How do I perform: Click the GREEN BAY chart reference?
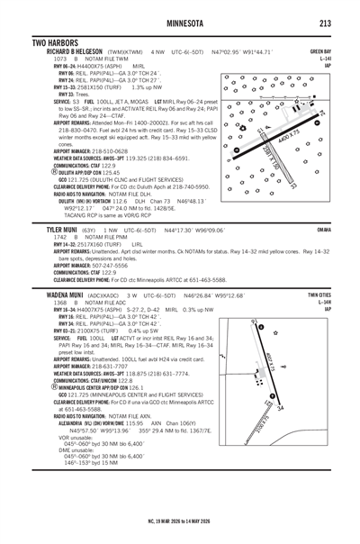coord(320,52)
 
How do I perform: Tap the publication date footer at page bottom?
coord(180,520)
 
